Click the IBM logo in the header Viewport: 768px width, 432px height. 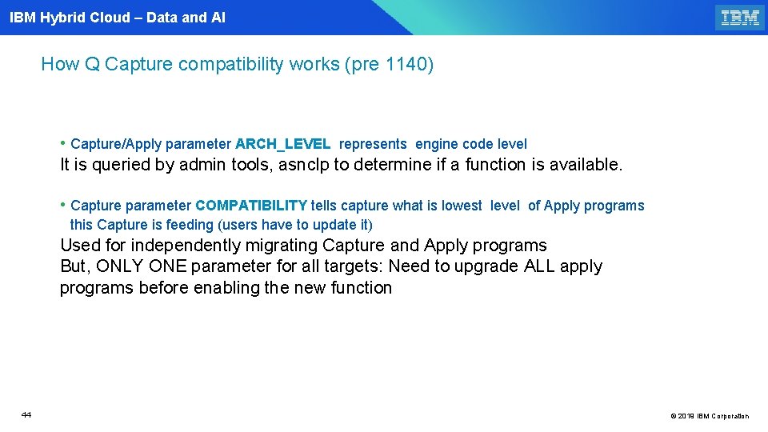(x=739, y=18)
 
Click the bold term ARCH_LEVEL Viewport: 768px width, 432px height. (x=283, y=144)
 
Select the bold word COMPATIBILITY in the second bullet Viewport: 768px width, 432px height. (x=251, y=206)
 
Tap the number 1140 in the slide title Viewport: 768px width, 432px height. (x=406, y=64)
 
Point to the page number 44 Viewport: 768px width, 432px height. (x=26, y=414)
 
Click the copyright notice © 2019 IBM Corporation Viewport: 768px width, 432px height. (x=710, y=416)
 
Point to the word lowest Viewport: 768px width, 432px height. (x=462, y=206)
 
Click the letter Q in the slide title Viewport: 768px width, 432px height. (x=92, y=64)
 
